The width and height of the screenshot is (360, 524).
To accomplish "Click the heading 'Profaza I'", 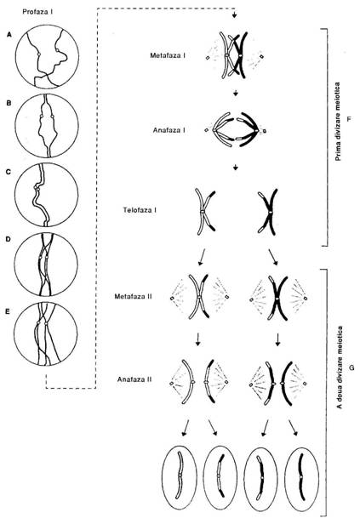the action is [x=37, y=11].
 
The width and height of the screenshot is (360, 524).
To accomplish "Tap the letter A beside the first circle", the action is [x=9, y=34].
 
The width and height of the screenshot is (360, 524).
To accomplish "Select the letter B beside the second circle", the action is [x=9, y=103].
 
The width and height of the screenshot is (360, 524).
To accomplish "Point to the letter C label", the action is [x=9, y=172].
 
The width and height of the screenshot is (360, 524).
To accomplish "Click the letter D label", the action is [x=9, y=239].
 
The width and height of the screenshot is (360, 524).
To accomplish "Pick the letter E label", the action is [x=9, y=311].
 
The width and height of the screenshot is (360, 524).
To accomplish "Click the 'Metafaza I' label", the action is [x=168, y=55].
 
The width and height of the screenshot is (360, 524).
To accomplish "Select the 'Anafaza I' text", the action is [x=169, y=130].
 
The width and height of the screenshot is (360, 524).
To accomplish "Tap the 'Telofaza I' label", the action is [x=140, y=211].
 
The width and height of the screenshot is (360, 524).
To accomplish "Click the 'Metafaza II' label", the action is [x=133, y=296].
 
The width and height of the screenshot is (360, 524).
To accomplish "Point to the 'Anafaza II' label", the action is [x=134, y=379].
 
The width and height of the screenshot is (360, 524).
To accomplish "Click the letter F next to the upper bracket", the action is [x=349, y=119].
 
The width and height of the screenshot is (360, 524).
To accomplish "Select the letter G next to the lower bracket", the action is [x=351, y=368].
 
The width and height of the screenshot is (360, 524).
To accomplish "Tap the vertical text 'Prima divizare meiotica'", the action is [x=338, y=122].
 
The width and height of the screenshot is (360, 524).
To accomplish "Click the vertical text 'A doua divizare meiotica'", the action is [x=340, y=367].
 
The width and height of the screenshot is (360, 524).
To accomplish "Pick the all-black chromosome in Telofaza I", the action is [x=268, y=211].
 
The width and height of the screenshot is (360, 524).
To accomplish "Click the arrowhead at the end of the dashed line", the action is [x=235, y=15].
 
